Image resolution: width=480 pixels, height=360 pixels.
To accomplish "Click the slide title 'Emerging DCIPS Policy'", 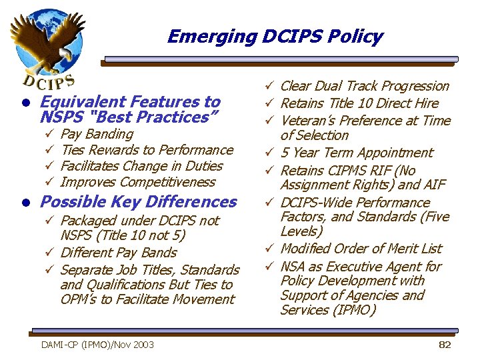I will [x=275, y=36].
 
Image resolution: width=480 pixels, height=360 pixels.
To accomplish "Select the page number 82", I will [x=445, y=344].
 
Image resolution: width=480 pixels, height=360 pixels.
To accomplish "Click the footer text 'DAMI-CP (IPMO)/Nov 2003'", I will [x=97, y=344].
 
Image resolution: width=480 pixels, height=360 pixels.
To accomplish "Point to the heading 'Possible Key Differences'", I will [x=139, y=201].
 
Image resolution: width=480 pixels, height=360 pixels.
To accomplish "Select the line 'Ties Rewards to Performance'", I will [x=147, y=150].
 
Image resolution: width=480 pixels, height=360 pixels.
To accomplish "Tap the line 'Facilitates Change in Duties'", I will [x=141, y=166].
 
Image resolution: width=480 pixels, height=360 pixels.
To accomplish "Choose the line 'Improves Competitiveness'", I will [x=138, y=182].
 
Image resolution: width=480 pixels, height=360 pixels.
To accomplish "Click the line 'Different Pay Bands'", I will [x=118, y=253].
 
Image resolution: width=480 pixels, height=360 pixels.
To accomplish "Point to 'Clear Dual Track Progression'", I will [x=365, y=86].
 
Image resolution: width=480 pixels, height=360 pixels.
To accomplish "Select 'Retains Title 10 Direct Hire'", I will [x=359, y=103].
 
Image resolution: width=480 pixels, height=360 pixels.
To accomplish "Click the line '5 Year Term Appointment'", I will [x=357, y=153].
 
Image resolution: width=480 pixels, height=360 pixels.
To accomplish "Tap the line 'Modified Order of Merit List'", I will [x=361, y=249].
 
